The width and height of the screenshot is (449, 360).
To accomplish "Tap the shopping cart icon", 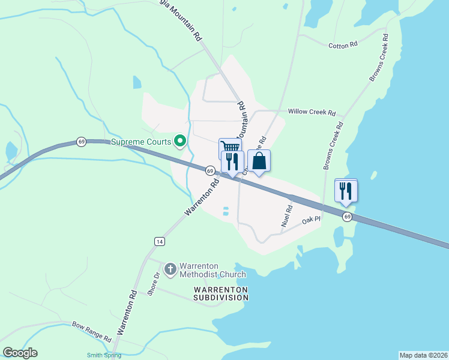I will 230,146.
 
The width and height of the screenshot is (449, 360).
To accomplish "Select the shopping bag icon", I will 259,161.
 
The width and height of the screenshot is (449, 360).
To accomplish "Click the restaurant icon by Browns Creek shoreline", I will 346,191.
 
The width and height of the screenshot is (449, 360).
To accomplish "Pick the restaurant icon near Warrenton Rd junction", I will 232,161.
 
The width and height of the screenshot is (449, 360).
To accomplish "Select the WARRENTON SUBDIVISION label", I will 220,293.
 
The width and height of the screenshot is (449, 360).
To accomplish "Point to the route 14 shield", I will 159,241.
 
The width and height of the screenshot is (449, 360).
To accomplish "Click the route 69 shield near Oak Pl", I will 347,216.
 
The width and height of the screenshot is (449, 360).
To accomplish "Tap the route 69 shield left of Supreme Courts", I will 81,142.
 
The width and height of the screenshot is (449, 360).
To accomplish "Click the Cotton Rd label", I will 343,45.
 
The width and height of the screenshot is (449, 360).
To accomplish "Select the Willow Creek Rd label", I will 312,112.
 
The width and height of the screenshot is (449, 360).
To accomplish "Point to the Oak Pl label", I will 312,221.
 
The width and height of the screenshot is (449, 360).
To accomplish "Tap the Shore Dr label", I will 152,284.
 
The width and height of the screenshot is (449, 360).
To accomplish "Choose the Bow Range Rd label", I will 92,331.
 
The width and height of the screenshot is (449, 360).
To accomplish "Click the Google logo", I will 20,353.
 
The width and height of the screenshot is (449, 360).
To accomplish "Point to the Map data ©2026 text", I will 423,355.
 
